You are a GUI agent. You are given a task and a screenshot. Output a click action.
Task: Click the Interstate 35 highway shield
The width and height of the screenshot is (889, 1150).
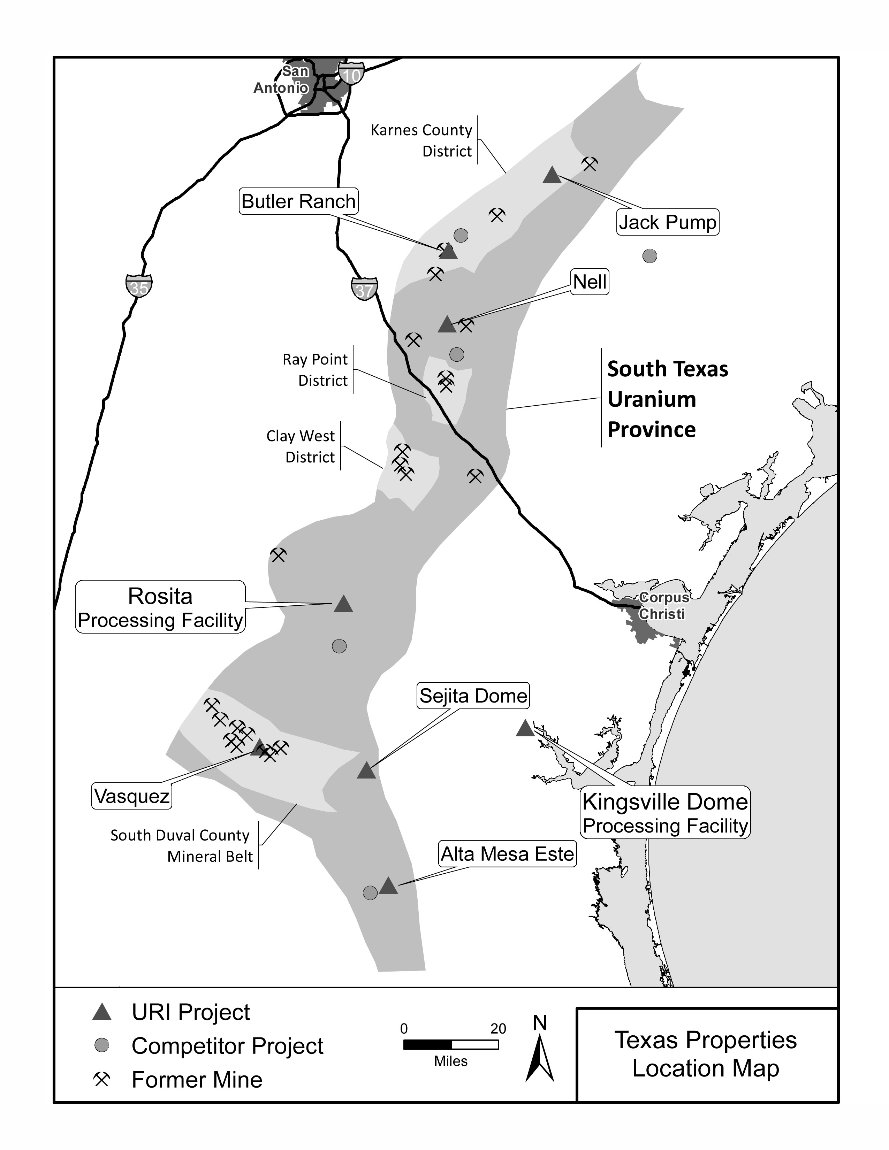(x=139, y=286)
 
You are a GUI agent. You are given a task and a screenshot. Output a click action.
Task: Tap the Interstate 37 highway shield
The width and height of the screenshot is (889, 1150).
(x=364, y=289)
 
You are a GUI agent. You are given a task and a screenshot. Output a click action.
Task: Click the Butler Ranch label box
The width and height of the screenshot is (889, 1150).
(x=299, y=201)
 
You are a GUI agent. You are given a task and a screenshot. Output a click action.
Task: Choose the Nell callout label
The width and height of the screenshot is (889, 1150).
(x=590, y=282)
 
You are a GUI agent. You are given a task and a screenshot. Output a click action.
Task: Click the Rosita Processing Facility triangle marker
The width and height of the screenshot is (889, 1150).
(x=343, y=604)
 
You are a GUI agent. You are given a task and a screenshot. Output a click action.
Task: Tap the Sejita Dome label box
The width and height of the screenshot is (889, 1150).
(x=473, y=696)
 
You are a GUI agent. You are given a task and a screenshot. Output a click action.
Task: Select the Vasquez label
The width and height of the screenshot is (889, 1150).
(x=132, y=796)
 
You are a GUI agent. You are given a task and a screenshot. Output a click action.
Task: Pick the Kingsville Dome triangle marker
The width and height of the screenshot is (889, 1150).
(x=525, y=729)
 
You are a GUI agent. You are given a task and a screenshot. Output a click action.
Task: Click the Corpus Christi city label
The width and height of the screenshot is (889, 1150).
(x=662, y=606)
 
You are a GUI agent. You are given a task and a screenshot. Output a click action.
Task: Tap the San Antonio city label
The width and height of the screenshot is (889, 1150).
(x=284, y=79)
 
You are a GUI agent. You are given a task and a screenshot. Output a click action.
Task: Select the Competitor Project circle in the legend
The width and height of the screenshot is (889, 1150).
(x=102, y=1046)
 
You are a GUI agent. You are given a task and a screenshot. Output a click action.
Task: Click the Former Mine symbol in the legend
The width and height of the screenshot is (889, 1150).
(x=102, y=1080)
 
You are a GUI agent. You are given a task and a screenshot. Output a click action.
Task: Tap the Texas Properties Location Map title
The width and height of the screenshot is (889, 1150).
(x=706, y=1054)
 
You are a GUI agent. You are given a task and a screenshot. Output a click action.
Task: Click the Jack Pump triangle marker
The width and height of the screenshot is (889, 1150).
(x=552, y=175)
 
